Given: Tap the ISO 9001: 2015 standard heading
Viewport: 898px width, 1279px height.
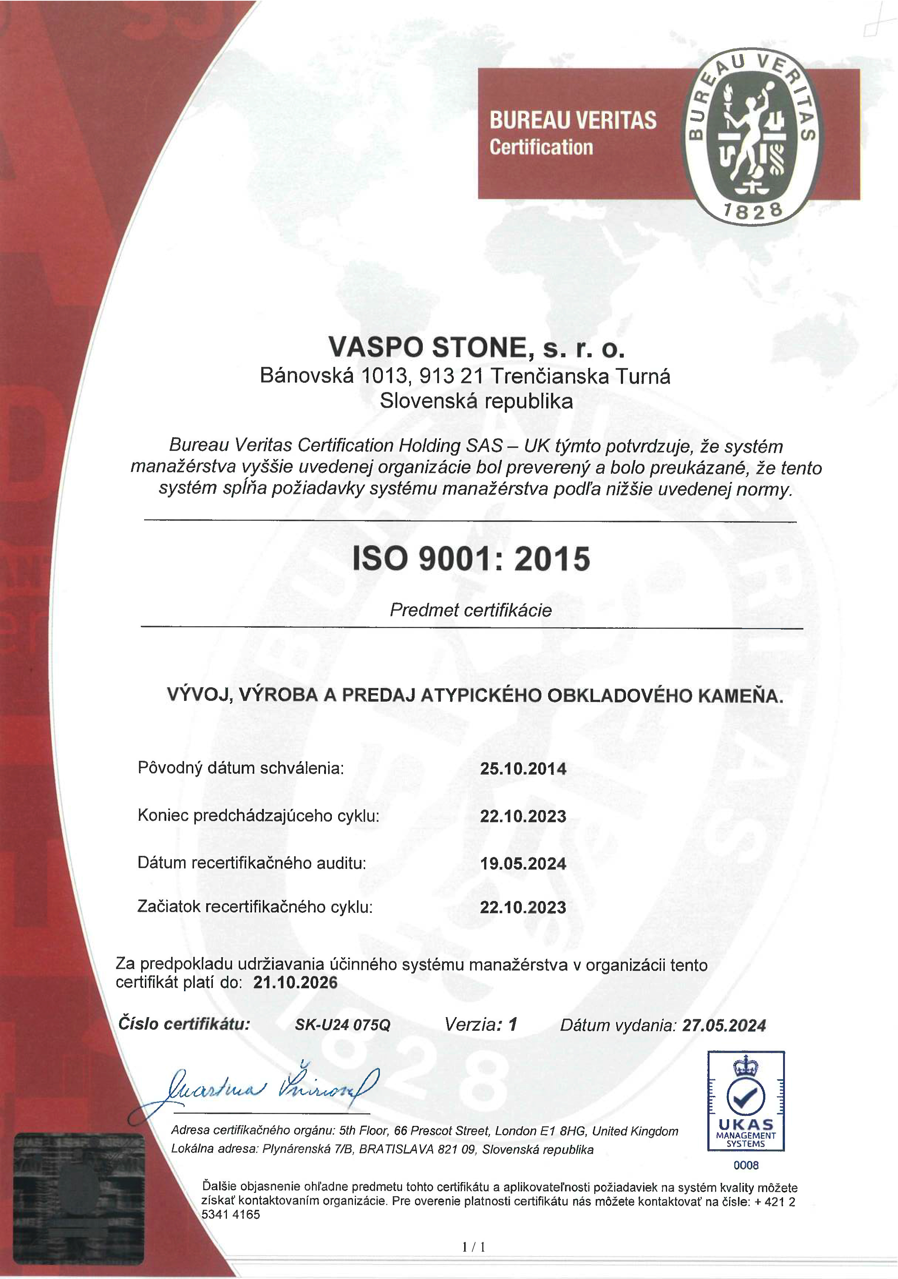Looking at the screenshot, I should [471, 559].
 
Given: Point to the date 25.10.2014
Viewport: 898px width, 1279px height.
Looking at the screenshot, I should [523, 769].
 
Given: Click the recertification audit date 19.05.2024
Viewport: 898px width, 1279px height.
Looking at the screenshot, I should [523, 864].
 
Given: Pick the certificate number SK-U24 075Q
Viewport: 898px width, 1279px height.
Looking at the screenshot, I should [343, 1025].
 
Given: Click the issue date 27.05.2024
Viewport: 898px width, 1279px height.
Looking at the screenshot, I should [724, 1025].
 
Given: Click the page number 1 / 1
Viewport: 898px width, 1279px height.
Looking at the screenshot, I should [474, 1247].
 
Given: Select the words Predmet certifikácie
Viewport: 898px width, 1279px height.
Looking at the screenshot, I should [470, 610].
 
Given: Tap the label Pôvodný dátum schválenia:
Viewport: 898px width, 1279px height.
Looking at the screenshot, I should [241, 768].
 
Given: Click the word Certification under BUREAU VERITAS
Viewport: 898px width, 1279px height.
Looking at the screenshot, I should [541, 147].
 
